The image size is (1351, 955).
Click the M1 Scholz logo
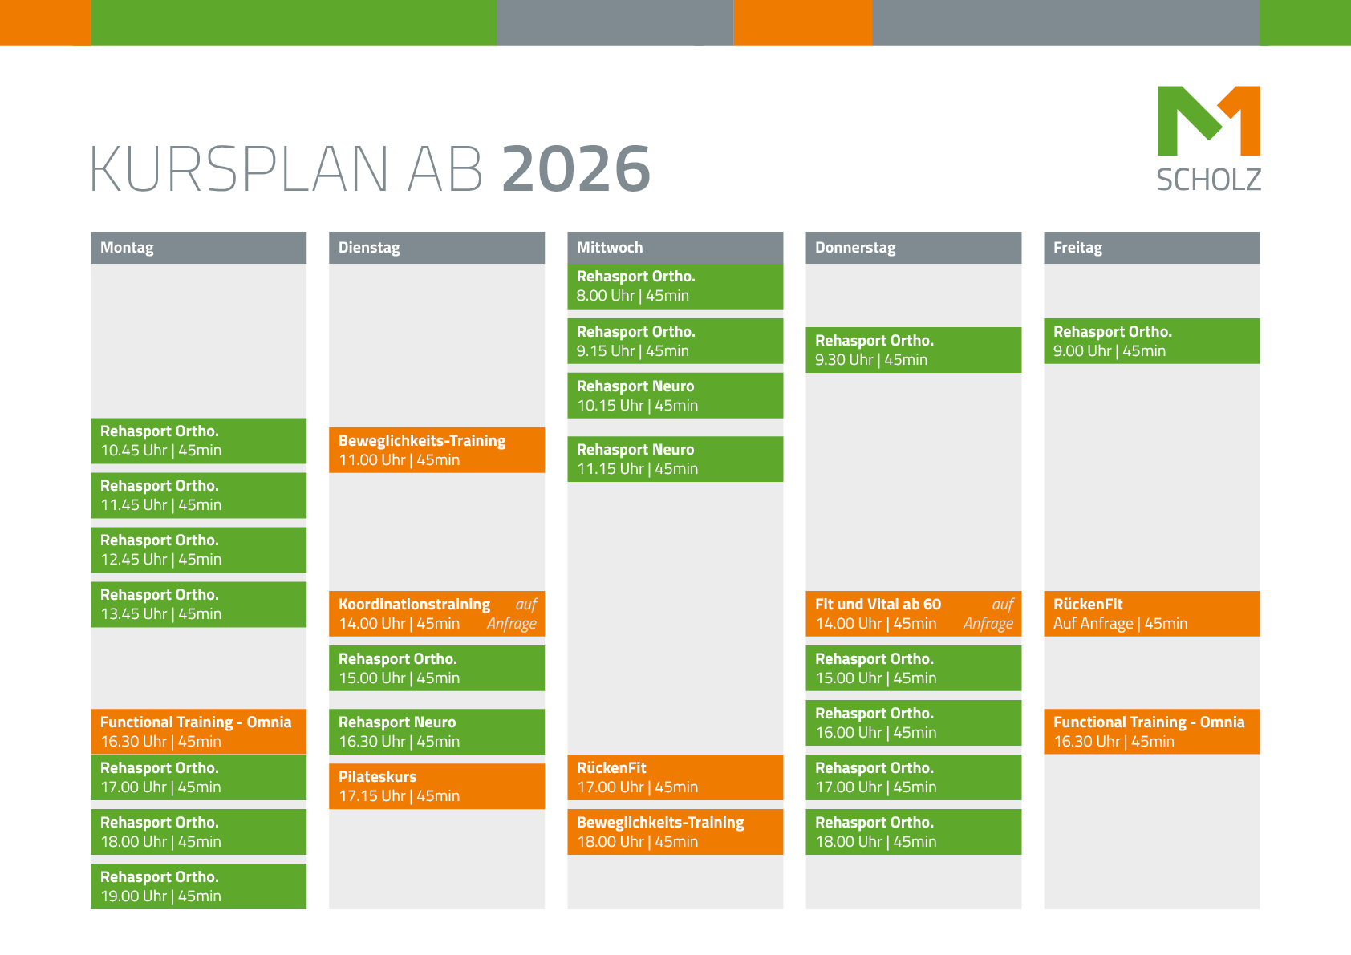click(1209, 139)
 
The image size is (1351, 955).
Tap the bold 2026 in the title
click(577, 168)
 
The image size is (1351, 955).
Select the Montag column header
click(198, 248)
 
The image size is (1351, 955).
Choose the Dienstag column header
click(436, 248)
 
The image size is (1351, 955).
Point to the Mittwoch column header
click(675, 248)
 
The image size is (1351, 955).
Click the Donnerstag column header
click(914, 248)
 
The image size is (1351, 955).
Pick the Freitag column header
click(1152, 248)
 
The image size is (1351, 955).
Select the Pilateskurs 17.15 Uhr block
click(436, 786)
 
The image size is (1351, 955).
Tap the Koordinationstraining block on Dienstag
click(436, 613)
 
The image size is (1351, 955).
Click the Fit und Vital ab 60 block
click(914, 613)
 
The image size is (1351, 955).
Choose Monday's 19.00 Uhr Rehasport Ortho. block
click(198, 886)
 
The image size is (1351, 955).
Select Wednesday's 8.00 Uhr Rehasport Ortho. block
click(675, 286)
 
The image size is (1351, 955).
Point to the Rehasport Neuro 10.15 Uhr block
click(675, 395)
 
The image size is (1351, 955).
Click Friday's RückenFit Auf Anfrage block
click(1152, 613)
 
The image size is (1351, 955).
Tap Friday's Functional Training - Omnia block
click(1152, 731)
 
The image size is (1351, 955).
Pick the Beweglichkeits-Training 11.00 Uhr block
click(436, 450)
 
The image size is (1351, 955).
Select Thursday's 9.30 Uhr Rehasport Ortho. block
click(914, 350)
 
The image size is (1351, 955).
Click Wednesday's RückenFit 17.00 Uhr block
click(675, 777)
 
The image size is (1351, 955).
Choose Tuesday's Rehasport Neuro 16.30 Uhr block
click(436, 731)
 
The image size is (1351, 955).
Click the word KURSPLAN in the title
click(239, 168)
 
